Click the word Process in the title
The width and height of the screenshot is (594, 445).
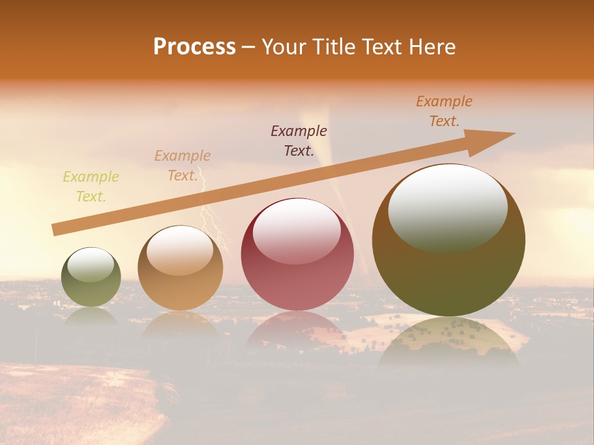click(194, 47)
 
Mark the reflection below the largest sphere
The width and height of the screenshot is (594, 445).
click(449, 340)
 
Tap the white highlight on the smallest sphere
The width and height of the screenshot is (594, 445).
click(90, 265)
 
